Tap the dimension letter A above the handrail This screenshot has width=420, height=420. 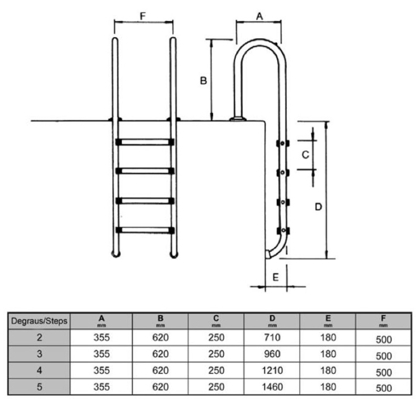[259, 16]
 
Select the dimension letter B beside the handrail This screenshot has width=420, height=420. [204, 81]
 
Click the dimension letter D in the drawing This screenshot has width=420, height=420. [318, 207]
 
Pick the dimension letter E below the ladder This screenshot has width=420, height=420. [276, 277]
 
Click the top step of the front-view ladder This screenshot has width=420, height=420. [144, 142]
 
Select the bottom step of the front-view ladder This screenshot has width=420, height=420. [144, 230]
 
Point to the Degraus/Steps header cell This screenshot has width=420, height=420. [39, 321]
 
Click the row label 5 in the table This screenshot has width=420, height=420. [39, 387]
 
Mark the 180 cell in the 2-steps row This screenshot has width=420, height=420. [328, 338]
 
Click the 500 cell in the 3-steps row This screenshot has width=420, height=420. [384, 355]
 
